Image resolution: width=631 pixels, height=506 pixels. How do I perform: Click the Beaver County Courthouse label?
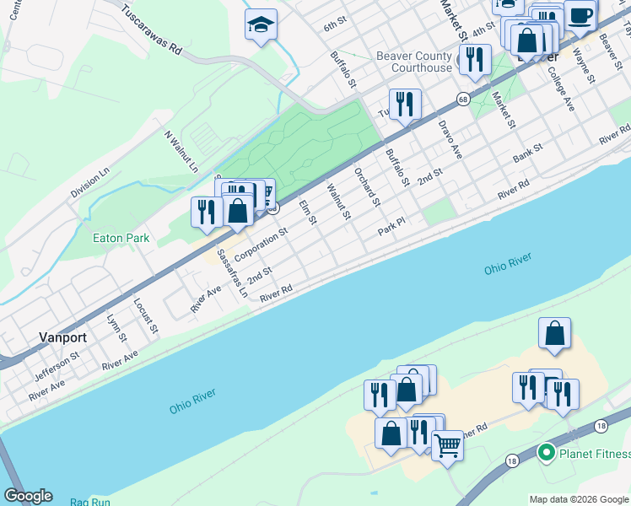[414, 62]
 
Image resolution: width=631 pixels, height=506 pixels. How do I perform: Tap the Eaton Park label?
[121, 239]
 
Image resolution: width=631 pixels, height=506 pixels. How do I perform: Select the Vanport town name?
[62, 336]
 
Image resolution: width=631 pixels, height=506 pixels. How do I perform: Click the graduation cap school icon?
[261, 26]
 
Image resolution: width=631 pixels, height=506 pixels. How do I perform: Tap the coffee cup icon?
[580, 14]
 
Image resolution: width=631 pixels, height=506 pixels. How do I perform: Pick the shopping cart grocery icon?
[447, 444]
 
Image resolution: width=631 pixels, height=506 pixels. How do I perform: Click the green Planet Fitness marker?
[546, 454]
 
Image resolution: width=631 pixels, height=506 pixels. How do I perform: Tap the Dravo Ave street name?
[450, 138]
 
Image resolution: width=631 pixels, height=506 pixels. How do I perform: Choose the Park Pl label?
[391, 226]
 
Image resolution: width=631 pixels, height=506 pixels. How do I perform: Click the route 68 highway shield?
[464, 100]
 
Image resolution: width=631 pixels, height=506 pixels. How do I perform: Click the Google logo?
[28, 496]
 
